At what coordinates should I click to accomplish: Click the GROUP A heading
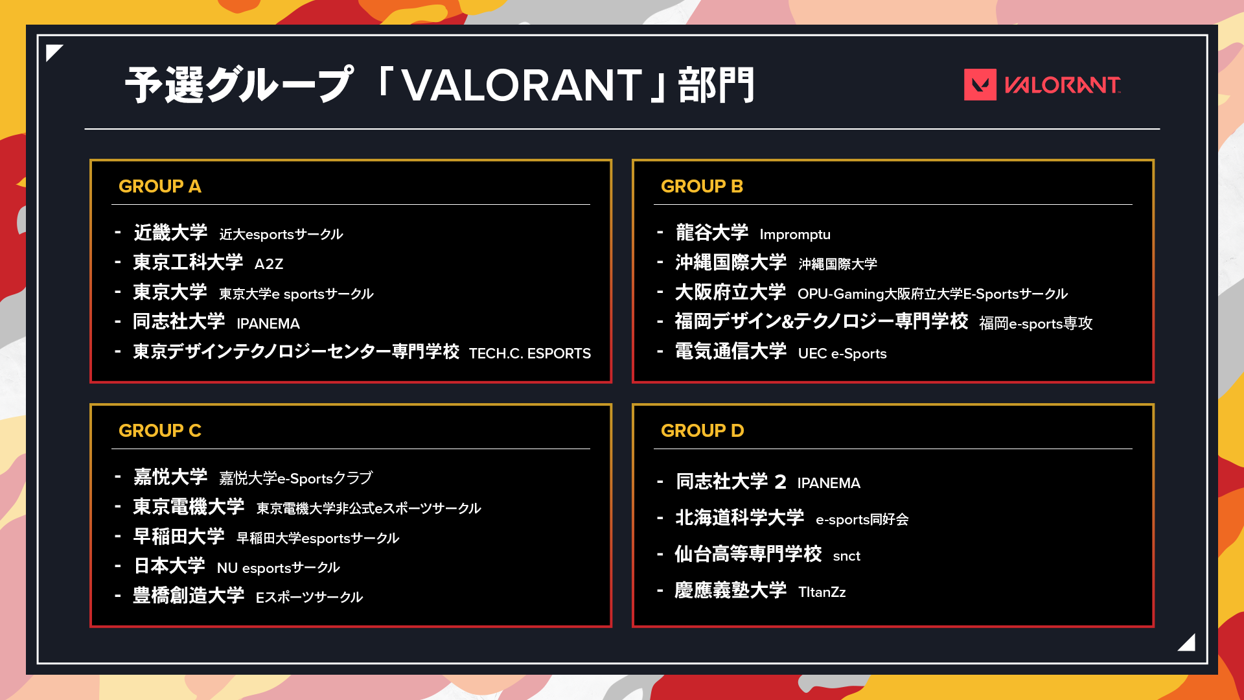click(x=160, y=186)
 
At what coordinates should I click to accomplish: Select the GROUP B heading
click(x=702, y=186)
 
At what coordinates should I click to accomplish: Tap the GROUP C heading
click(x=160, y=430)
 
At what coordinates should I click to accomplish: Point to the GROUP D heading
click(x=702, y=430)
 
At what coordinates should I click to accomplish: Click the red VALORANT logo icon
click(x=980, y=85)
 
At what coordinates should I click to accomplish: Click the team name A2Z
click(x=269, y=264)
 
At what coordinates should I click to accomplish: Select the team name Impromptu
click(x=795, y=235)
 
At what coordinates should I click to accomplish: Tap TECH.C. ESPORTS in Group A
click(x=530, y=353)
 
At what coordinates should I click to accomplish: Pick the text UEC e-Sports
click(x=842, y=353)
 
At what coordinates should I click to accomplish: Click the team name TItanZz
click(x=822, y=592)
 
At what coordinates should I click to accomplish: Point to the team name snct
click(x=846, y=556)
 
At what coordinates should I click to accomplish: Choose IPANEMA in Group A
click(x=268, y=323)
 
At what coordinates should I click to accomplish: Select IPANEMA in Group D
click(x=829, y=483)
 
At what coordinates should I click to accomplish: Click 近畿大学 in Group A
click(x=170, y=232)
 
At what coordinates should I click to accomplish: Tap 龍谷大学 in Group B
click(x=712, y=232)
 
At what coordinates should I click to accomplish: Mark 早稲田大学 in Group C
click(x=179, y=536)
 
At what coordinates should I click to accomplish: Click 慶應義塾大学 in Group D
click(x=730, y=590)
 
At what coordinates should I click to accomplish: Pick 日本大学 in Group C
click(x=170, y=566)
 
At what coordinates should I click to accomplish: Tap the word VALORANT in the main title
click(x=522, y=86)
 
